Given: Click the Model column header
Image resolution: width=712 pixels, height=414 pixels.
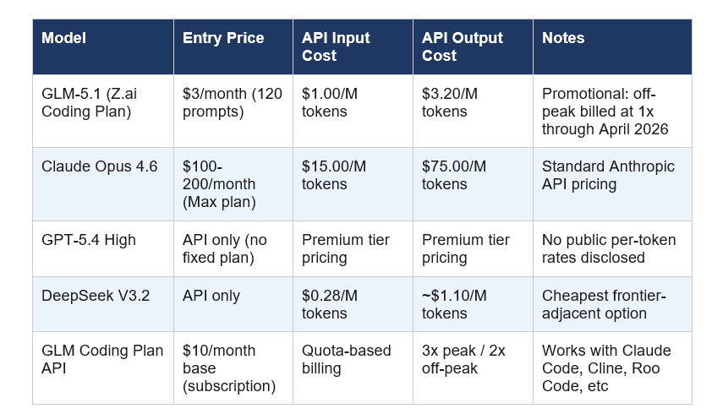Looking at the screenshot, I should point(63,38).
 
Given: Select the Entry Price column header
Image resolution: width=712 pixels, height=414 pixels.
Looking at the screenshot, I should point(223,38).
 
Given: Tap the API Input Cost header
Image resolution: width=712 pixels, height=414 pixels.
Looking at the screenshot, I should point(337,46).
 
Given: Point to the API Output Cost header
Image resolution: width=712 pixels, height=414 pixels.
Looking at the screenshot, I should point(463,46).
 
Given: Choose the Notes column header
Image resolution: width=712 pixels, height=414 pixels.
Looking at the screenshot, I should point(563,38).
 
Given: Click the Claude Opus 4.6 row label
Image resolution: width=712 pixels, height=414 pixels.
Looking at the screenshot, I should point(100,166).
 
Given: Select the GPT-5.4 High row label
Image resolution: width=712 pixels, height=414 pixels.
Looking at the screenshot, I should point(89,240).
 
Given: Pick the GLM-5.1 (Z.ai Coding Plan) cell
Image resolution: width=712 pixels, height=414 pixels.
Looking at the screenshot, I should point(89,102).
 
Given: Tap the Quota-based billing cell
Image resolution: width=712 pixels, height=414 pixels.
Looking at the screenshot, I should point(346,360).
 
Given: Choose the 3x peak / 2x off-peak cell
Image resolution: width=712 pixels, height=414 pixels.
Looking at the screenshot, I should point(463,360).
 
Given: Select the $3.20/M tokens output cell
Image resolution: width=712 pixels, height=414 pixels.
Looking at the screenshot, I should point(450,102).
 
